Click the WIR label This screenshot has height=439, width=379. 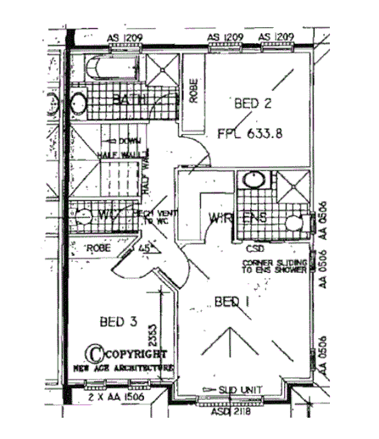[220, 219]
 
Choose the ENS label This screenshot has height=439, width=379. [255, 219]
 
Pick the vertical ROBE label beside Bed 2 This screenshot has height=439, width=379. [194, 92]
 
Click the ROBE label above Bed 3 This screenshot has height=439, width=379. [100, 248]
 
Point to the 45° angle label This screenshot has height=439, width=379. [145, 248]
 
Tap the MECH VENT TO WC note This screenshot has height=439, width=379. [155, 219]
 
